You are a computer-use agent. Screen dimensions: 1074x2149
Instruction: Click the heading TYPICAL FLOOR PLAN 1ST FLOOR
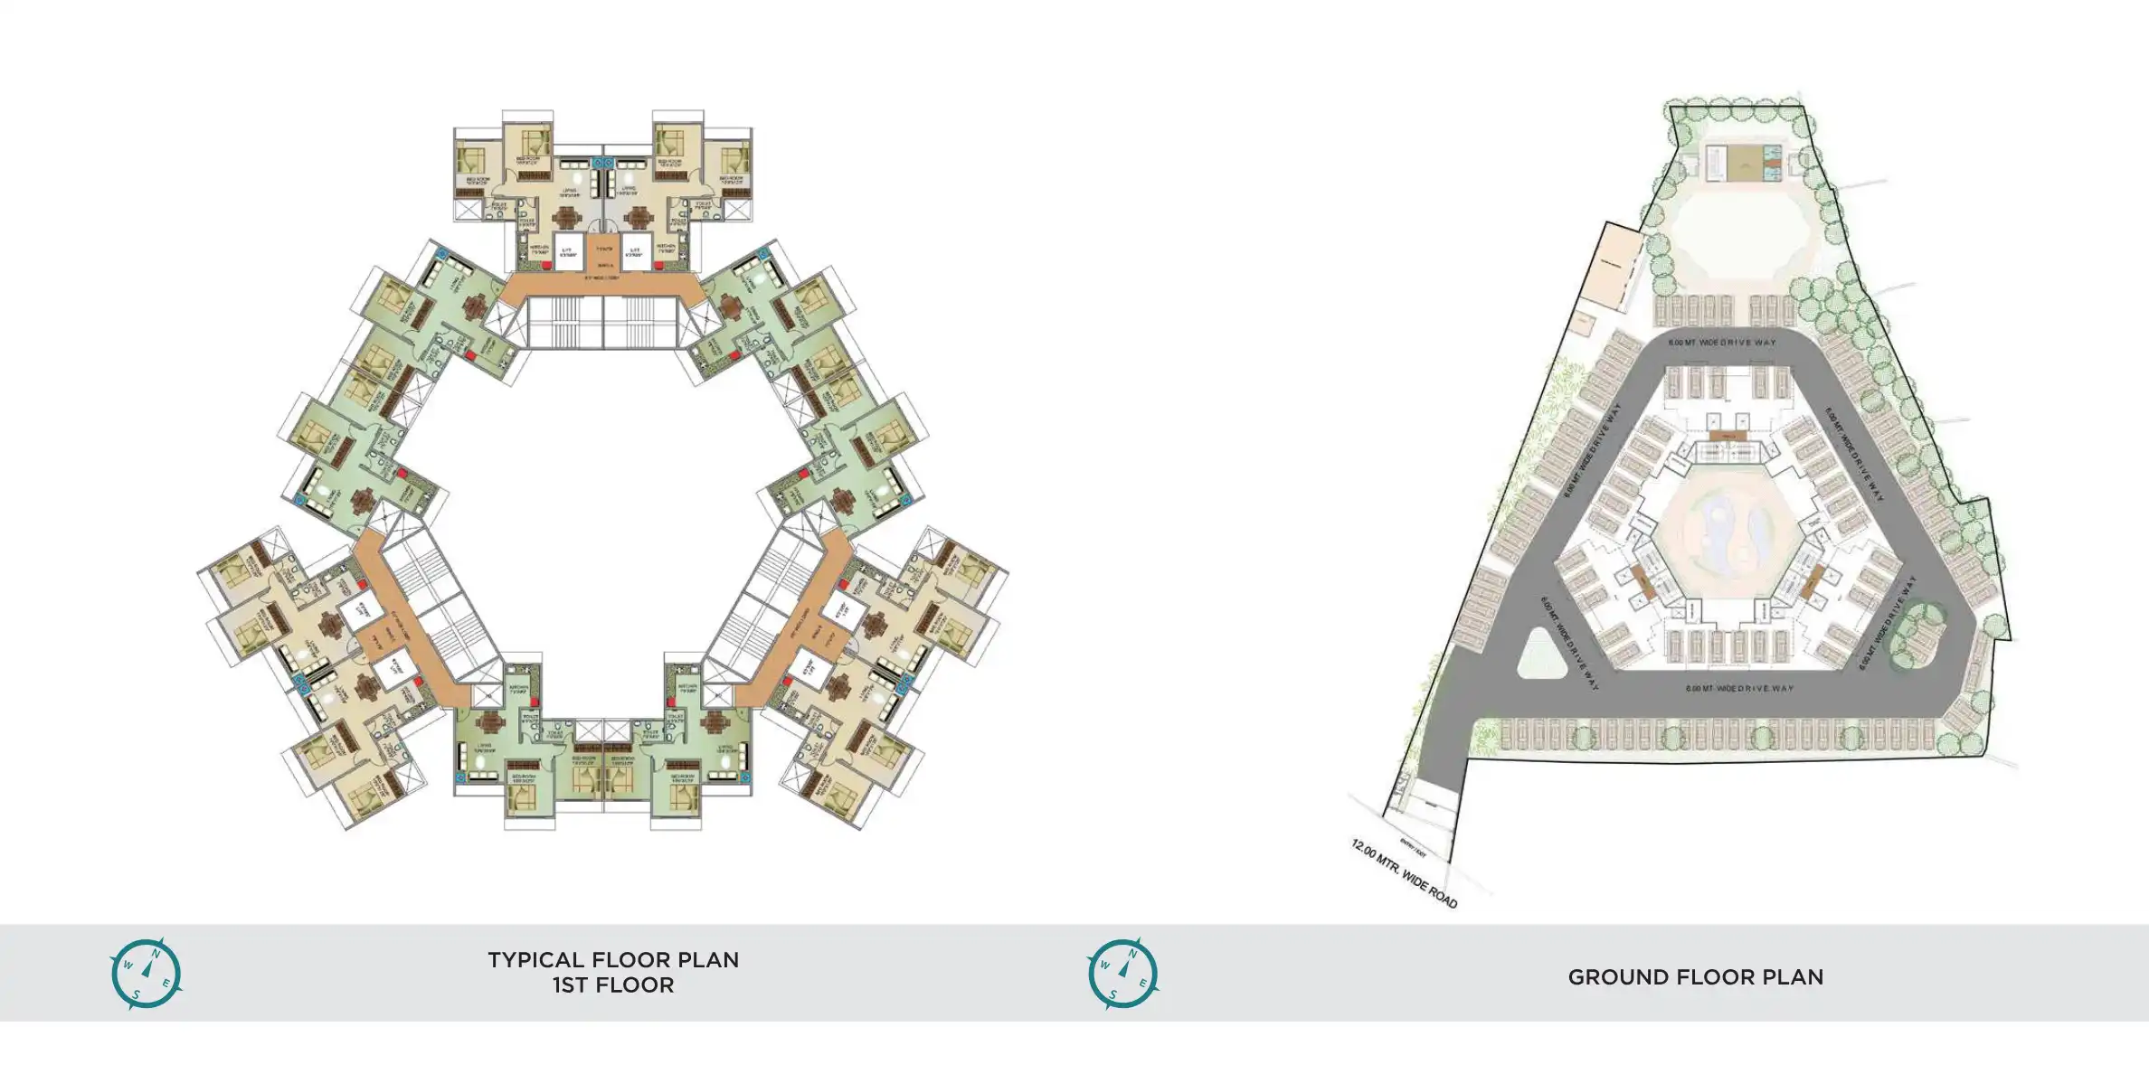[x=613, y=973]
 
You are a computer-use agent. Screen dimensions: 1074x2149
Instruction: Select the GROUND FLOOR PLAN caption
[x=1695, y=977]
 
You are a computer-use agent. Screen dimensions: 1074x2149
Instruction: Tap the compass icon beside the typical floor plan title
[x=146, y=973]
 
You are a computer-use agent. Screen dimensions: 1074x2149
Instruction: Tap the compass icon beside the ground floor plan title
[x=1122, y=973]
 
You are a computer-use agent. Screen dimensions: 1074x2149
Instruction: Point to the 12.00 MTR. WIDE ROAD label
[x=1404, y=873]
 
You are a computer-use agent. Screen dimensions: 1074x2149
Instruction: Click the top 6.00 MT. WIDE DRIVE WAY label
[x=1722, y=343]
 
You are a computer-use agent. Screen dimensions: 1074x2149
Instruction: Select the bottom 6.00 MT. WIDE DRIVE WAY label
[x=1739, y=689]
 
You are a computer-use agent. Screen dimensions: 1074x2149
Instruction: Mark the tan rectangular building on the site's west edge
[x=1612, y=268]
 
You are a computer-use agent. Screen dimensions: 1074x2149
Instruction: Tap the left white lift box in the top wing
[x=568, y=250]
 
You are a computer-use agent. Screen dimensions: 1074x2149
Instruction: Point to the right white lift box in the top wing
[x=636, y=250]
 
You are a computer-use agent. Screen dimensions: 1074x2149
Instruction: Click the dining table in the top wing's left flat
[x=567, y=217]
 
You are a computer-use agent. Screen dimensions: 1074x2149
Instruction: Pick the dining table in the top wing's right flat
[x=639, y=217]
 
